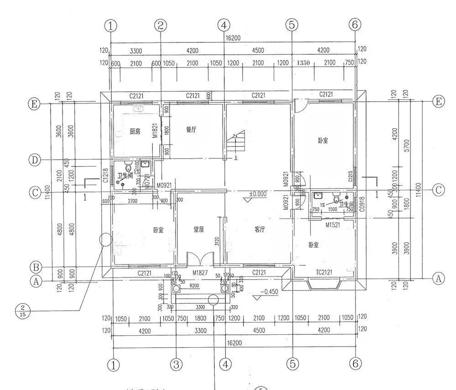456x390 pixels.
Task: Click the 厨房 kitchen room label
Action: coord(135,131)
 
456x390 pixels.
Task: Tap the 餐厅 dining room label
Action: coord(191,130)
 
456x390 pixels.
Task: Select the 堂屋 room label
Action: coord(199,229)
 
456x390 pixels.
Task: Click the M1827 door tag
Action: coord(200,273)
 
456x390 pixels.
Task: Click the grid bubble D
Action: coord(35,160)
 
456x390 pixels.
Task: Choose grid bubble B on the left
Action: coord(35,266)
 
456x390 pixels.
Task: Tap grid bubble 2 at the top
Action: coord(160,25)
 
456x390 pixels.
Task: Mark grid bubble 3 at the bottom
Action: coord(176,364)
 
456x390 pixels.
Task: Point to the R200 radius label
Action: coord(195,286)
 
